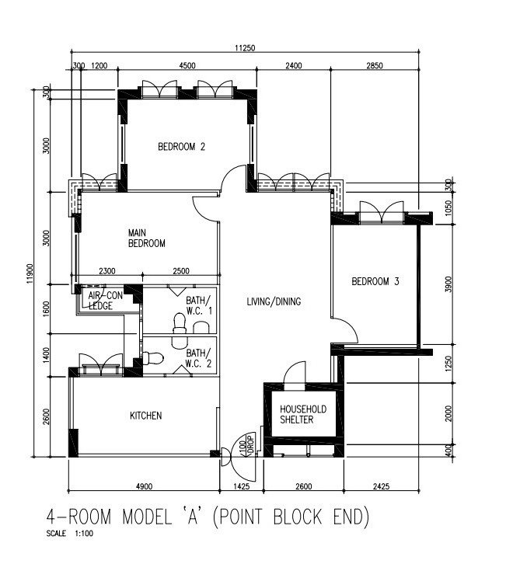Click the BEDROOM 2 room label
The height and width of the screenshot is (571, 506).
click(x=181, y=147)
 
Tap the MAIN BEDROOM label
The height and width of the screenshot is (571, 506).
click(x=146, y=238)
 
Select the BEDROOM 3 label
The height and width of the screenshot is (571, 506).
click(x=375, y=281)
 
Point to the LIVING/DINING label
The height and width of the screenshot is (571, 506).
click(x=274, y=301)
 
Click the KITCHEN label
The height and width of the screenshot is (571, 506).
click(x=145, y=416)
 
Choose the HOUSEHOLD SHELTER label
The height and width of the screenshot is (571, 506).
click(x=303, y=414)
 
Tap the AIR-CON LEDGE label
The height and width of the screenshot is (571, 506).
click(x=105, y=301)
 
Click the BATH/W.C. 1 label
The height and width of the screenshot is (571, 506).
click(x=198, y=305)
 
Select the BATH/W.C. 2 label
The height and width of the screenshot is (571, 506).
click(x=198, y=358)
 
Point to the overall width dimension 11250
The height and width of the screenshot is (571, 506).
click(x=245, y=47)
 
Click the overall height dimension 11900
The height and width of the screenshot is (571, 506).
click(x=30, y=273)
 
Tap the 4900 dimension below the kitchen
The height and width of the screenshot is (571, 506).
click(x=145, y=486)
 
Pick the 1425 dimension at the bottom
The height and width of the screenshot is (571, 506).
click(x=242, y=486)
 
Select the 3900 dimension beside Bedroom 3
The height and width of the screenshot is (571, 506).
click(x=448, y=284)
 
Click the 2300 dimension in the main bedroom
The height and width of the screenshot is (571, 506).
click(x=107, y=271)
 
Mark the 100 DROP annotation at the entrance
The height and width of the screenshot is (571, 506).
click(x=246, y=444)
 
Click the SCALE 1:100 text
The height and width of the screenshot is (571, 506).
click(x=70, y=534)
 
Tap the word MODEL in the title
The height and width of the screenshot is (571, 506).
click(x=147, y=517)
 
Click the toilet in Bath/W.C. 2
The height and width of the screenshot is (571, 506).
click(x=153, y=358)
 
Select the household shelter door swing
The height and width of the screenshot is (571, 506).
click(x=295, y=372)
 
